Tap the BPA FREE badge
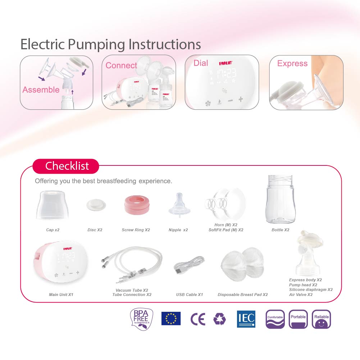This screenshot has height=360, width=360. pos(141,319)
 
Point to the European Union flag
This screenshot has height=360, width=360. pos(171,319)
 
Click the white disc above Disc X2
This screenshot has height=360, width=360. pos(96,205)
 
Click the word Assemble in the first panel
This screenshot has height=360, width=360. pos(41,90)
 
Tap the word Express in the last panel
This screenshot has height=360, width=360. pos(292,64)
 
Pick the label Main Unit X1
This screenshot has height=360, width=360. pos(61,295)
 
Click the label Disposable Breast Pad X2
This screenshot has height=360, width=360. pos(242,295)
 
